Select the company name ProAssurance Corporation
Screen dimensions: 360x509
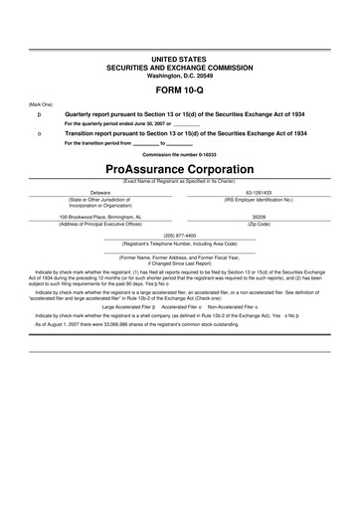point(179,168)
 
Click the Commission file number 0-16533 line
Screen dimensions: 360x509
point(179,154)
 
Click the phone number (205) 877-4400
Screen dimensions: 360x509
point(179,236)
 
